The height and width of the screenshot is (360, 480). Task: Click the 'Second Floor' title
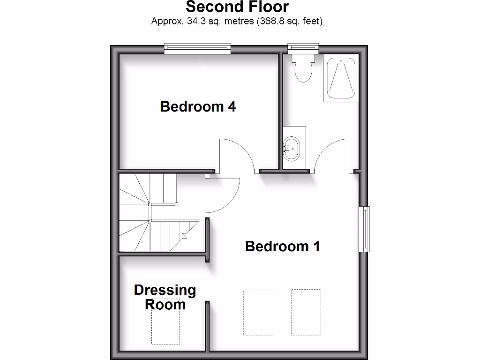click(x=237, y=7)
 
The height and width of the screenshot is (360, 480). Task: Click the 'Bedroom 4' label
click(x=198, y=107)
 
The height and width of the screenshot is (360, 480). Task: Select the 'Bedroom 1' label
click(x=282, y=246)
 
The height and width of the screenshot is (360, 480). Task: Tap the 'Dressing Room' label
click(x=165, y=297)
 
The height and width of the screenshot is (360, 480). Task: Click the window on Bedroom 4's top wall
click(x=197, y=48)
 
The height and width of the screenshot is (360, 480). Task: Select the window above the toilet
click(x=303, y=47)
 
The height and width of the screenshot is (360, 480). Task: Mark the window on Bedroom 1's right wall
click(x=364, y=229)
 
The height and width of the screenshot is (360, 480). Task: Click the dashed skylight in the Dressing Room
click(x=165, y=322)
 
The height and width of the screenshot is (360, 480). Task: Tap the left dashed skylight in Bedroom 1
click(x=259, y=313)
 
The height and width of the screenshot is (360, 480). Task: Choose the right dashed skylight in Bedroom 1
click(x=306, y=313)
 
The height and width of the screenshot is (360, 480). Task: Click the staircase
click(x=150, y=213)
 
